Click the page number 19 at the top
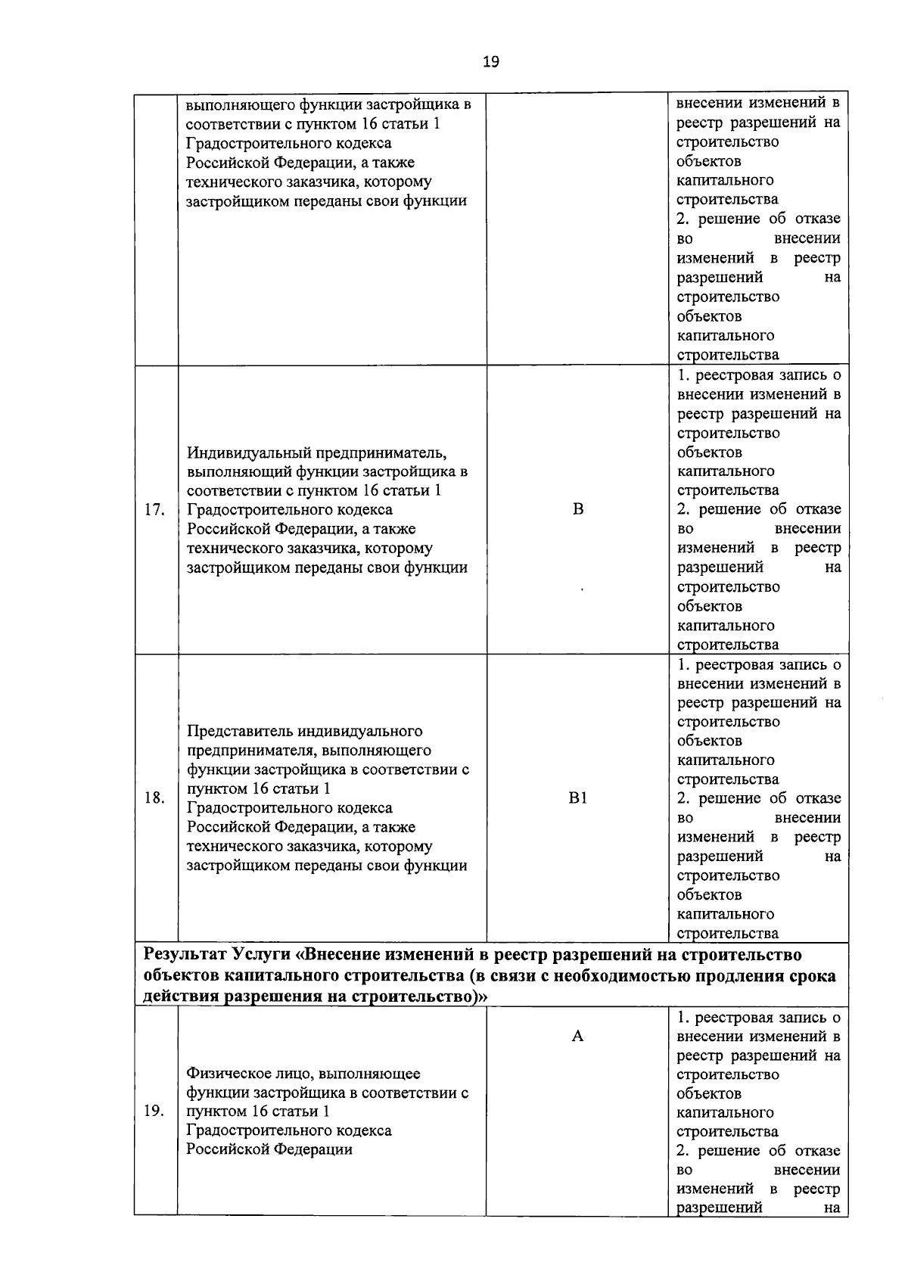tap(490, 62)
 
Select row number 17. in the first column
tap(154, 510)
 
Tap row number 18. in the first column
tap(154, 798)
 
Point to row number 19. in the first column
tap(154, 1111)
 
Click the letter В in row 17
tap(578, 509)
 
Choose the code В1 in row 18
tap(578, 798)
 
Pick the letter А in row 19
tap(577, 1037)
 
